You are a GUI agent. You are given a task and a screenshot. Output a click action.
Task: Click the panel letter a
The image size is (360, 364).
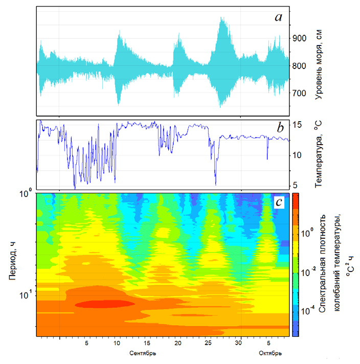[x=278, y=17]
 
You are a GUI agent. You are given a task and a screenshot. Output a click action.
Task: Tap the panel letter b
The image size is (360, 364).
[x=280, y=128]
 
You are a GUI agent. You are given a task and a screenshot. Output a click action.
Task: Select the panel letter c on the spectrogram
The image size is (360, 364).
[x=279, y=202]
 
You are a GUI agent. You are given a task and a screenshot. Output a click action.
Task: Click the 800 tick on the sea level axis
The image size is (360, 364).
[x=300, y=66]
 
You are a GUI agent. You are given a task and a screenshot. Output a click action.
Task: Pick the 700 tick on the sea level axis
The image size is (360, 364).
[x=300, y=93]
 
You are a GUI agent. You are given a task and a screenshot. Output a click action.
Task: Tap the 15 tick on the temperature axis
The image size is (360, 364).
[x=298, y=125]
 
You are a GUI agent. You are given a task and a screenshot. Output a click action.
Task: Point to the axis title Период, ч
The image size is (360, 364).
[x=11, y=264]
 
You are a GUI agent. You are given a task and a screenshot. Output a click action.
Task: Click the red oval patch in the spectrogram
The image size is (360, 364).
[x=105, y=304]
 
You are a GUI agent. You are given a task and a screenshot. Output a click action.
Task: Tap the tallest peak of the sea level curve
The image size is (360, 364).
[x=221, y=18]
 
